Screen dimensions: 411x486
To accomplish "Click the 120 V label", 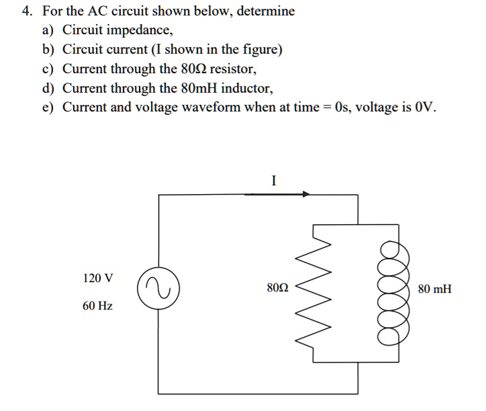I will pyautogui.click(x=98, y=277).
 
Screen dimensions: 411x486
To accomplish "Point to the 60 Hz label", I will pyautogui.click(x=97, y=306).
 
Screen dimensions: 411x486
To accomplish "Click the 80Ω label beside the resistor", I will pyautogui.click(x=277, y=289).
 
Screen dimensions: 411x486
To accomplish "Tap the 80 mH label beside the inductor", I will pyautogui.click(x=434, y=289).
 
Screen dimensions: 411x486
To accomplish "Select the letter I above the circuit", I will pyautogui.click(x=274, y=180).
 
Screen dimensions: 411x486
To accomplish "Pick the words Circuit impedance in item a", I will pyautogui.click(x=117, y=31).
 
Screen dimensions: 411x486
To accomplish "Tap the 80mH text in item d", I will pyautogui.click(x=197, y=87).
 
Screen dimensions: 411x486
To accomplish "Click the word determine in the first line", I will pyautogui.click(x=266, y=12).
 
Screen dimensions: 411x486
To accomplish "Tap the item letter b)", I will pyautogui.click(x=48, y=50).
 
